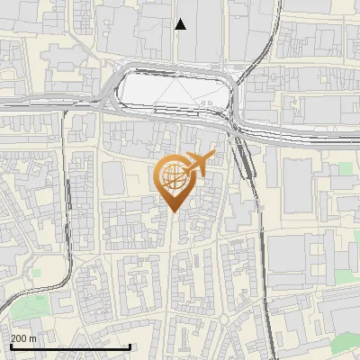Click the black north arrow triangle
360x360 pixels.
pyautogui.click(x=181, y=24)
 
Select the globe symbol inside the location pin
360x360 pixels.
pyautogui.click(x=171, y=176)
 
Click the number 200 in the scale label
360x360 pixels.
pyautogui.click(x=19, y=338)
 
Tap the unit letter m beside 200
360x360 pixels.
pyautogui.click(x=33, y=338)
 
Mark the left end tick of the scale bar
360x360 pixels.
pyautogui.click(x=10, y=346)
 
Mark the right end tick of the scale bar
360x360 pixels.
pyautogui.click(x=130, y=346)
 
